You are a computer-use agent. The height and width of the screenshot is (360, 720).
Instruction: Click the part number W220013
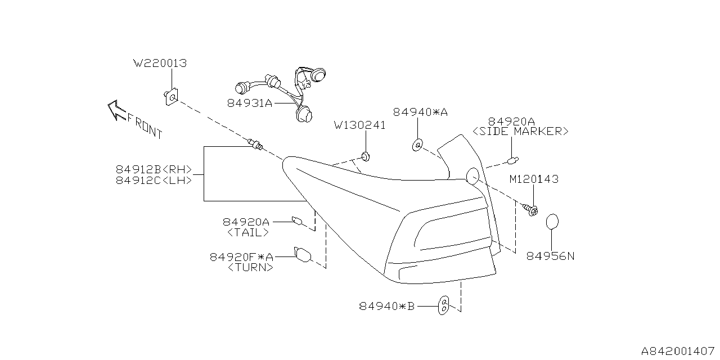(160, 64)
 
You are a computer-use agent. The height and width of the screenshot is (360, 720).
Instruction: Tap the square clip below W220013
(172, 97)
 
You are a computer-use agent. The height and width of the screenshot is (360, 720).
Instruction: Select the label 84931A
(250, 103)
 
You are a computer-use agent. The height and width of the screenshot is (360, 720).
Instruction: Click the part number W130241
(360, 125)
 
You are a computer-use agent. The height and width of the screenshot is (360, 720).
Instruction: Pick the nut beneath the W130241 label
(365, 155)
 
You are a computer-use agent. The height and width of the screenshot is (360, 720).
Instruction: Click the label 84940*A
(420, 112)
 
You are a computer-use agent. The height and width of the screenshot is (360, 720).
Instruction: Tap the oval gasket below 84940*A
(417, 146)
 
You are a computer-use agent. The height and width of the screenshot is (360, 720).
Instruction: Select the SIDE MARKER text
(520, 132)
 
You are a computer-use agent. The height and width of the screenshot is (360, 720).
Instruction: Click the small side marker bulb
(512, 161)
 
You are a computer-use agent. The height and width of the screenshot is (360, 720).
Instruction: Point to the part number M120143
(534, 179)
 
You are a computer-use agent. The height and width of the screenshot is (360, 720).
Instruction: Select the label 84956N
(551, 256)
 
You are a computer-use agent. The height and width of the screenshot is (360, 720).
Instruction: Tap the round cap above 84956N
(553, 222)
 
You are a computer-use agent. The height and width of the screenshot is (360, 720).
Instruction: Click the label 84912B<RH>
(154, 169)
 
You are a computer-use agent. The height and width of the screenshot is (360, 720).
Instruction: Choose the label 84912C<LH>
(154, 181)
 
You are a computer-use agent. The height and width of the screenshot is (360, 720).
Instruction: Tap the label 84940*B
(386, 307)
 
